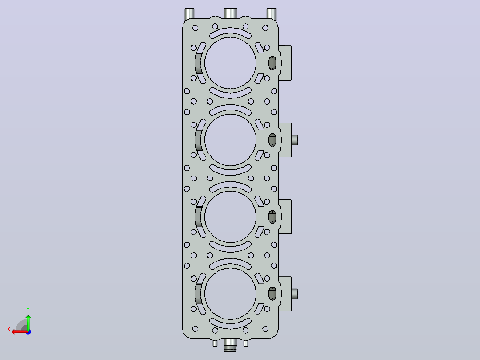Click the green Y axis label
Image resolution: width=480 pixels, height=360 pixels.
pos(28,310)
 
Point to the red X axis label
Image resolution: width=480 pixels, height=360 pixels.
pos(9,329)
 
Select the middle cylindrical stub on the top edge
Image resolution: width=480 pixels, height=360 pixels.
pos(230,13)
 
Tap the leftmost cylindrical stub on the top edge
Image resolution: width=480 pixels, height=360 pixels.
pos(190,14)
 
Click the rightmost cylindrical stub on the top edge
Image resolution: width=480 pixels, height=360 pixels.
pos(272,14)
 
